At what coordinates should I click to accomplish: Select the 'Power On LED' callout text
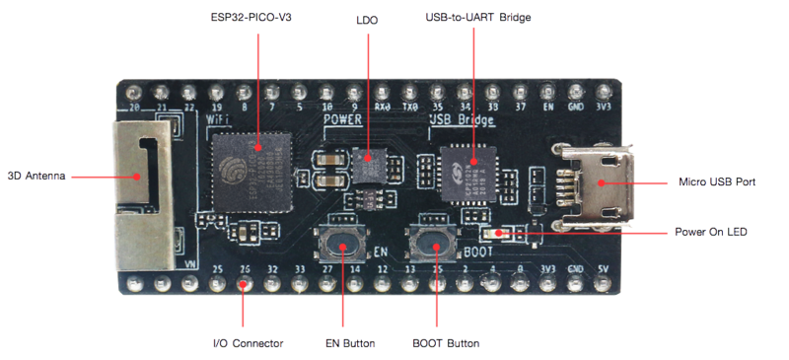(710, 233)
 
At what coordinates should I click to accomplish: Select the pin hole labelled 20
(135, 86)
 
